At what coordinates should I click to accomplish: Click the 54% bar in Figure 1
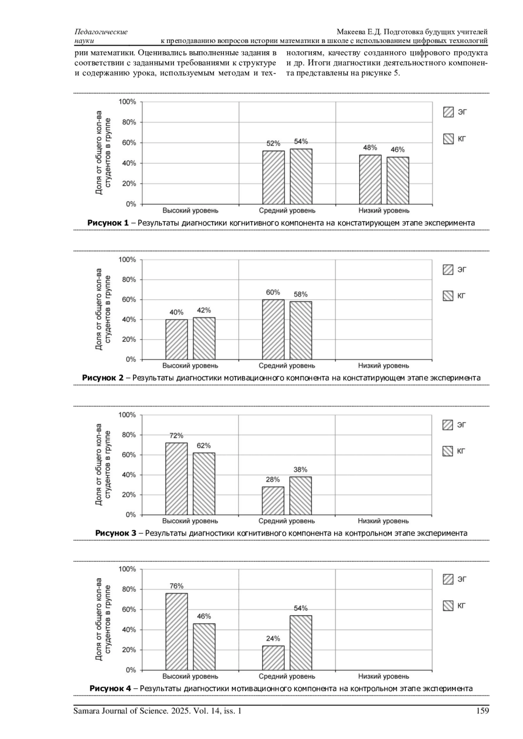pyautogui.click(x=301, y=176)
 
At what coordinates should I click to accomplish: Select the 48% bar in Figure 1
pyautogui.click(x=370, y=179)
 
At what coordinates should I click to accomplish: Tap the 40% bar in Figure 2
pyautogui.click(x=177, y=339)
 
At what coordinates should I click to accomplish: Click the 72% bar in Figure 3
pyautogui.click(x=177, y=479)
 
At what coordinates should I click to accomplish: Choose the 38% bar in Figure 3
pyautogui.click(x=301, y=496)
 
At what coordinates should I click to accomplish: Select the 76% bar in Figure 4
pyautogui.click(x=177, y=631)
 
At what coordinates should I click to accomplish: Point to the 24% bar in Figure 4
pyautogui.click(x=273, y=658)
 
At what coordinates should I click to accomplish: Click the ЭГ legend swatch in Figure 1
pyautogui.click(x=448, y=112)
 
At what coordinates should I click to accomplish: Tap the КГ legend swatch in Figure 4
pyautogui.click(x=448, y=606)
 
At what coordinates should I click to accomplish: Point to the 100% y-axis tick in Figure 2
pyautogui.click(x=127, y=260)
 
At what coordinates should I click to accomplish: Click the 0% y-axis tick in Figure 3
pyautogui.click(x=131, y=515)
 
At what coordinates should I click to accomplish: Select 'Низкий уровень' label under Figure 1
pyautogui.click(x=384, y=211)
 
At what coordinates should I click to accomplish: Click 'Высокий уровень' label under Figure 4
pyautogui.click(x=190, y=676)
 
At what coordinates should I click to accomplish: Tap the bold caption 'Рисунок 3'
pyautogui.click(x=115, y=533)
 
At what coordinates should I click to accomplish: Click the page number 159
pyautogui.click(x=482, y=711)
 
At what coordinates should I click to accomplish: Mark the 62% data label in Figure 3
pyautogui.click(x=204, y=445)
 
